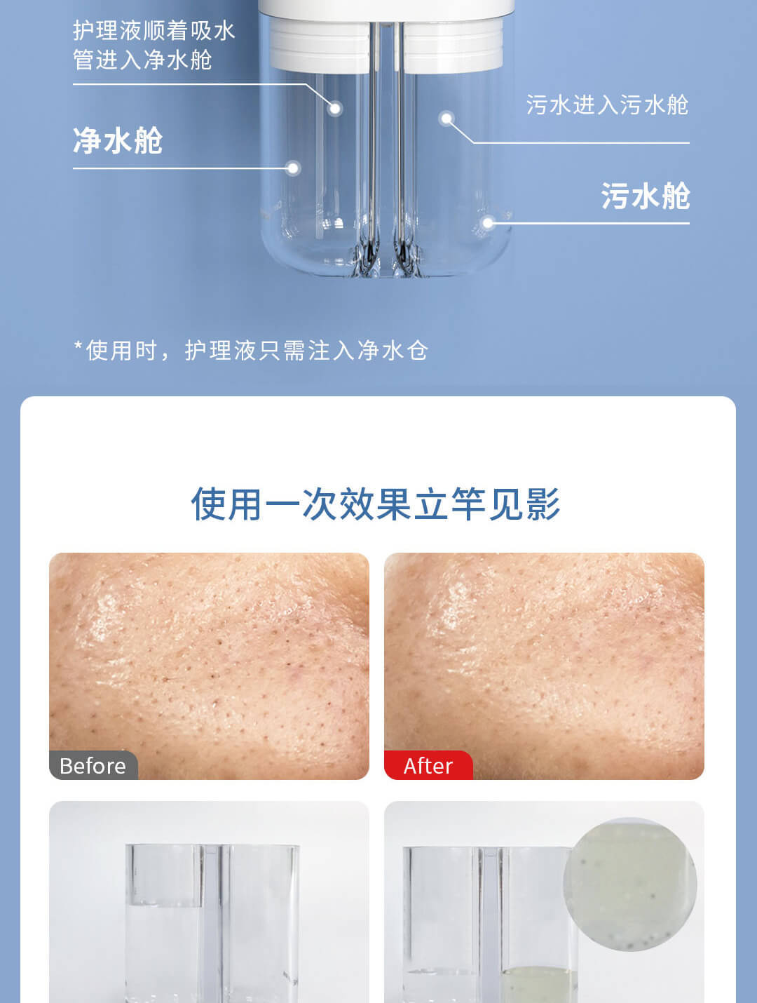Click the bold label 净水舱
pyautogui.click(x=118, y=140)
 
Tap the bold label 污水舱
pyautogui.click(x=645, y=196)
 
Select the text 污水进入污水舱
pyautogui.click(x=607, y=105)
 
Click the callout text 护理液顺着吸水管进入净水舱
pyautogui.click(x=154, y=45)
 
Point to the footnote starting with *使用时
pyautogui.click(x=251, y=351)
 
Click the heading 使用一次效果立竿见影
pyautogui.click(x=376, y=504)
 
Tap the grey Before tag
pyautogui.click(x=93, y=765)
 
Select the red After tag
pyautogui.click(x=428, y=765)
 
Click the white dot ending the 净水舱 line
pyautogui.click(x=294, y=168)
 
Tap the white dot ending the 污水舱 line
pyautogui.click(x=488, y=223)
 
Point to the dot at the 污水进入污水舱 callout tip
pyautogui.click(x=446, y=119)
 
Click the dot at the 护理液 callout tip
pyautogui.click(x=336, y=109)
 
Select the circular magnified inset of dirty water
pyautogui.click(x=630, y=884)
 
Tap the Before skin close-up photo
pyautogui.click(x=209, y=666)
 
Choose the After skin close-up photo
pyautogui.click(x=544, y=666)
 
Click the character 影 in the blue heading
pyautogui.click(x=543, y=504)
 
